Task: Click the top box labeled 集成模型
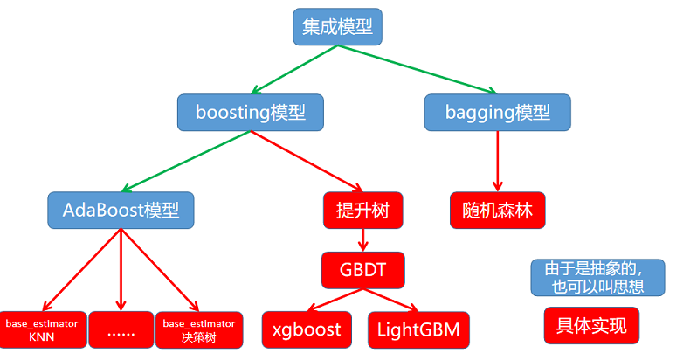pos(337,27)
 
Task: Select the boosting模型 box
pos(250,113)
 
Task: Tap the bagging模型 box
pos(497,113)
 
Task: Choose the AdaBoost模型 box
pos(121,210)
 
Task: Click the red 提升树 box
pos(362,210)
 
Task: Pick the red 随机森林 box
pos(497,210)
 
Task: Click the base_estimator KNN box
pos(42,329)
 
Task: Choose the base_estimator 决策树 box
pos(198,329)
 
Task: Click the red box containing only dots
pos(121,329)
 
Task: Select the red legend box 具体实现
pos(591,325)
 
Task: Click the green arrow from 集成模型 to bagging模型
pos(419,70)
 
